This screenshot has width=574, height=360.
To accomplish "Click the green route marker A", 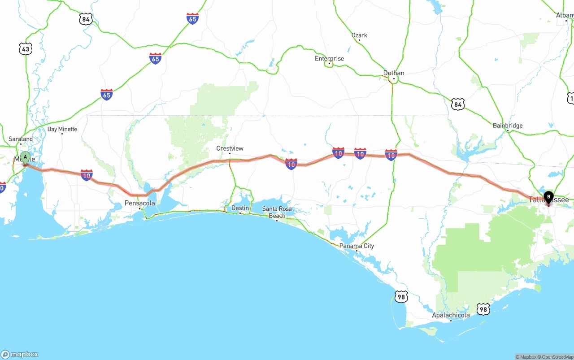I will pyautogui.click(x=26, y=157).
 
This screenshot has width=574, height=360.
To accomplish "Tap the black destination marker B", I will pyautogui.click(x=548, y=196).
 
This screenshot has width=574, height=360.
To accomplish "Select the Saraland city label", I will pyautogui.click(x=21, y=139).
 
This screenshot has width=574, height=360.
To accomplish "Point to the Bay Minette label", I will pyautogui.click(x=62, y=129).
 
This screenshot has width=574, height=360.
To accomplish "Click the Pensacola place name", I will pyautogui.click(x=139, y=203).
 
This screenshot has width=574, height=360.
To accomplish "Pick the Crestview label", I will pyautogui.click(x=230, y=148).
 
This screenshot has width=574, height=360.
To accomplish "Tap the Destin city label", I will pyautogui.click(x=240, y=208).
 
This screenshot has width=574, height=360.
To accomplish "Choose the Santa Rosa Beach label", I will pyautogui.click(x=277, y=212).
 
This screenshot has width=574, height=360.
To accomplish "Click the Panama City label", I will pyautogui.click(x=357, y=246).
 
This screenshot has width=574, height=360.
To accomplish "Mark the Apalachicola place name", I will pyautogui.click(x=451, y=315).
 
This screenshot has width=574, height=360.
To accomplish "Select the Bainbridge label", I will pyautogui.click(x=508, y=126).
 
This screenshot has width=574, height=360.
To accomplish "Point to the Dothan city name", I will pyautogui.click(x=394, y=73).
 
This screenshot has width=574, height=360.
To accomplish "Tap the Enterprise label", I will pyautogui.click(x=329, y=59).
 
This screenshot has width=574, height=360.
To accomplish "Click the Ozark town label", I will pyautogui.click(x=359, y=35).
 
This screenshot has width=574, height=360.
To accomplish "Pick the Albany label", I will pyautogui.click(x=565, y=15).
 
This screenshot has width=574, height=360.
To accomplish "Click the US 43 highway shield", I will pyautogui.click(x=26, y=49).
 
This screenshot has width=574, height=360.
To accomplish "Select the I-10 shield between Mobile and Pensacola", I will pyautogui.click(x=87, y=175).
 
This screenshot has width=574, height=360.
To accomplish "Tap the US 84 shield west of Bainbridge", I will pyautogui.click(x=457, y=104).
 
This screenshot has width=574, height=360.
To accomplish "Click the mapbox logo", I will pyautogui.click(x=20, y=354).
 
